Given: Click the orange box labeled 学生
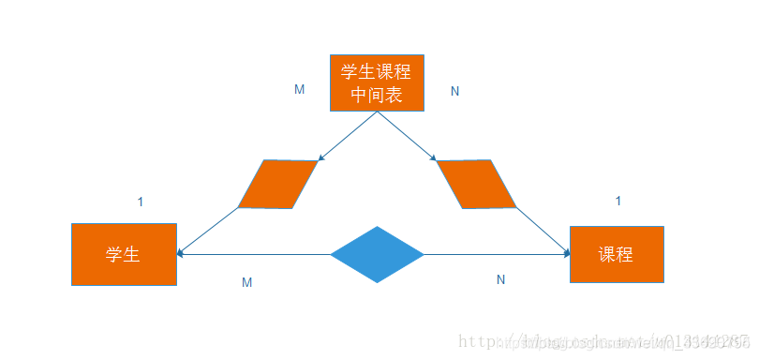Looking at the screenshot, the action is coord(124,254).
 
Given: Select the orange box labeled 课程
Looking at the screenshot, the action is coord(617,254).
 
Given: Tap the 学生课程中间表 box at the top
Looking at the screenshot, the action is coord(377,82).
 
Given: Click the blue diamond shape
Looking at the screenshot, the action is coord(377,254).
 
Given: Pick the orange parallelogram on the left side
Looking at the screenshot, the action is coord(277,184).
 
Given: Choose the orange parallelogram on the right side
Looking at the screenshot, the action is coord(476,184).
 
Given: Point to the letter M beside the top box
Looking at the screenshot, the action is coord(299,90).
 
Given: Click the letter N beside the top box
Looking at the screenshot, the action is coord(454,91).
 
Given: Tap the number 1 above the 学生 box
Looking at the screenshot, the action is coord(141,202).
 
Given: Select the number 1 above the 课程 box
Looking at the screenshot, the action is coord(618,201).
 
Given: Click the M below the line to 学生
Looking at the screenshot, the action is coord(246,282).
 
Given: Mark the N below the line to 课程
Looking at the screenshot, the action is coord(500,279).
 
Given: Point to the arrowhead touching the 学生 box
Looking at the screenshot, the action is coord(181,253).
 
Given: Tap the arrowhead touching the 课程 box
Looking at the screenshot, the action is coord(566,253).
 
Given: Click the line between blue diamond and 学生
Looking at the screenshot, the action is coord(253,254).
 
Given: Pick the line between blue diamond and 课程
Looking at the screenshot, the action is coord(497,254).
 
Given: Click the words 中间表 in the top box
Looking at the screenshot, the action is coord(377,94).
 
